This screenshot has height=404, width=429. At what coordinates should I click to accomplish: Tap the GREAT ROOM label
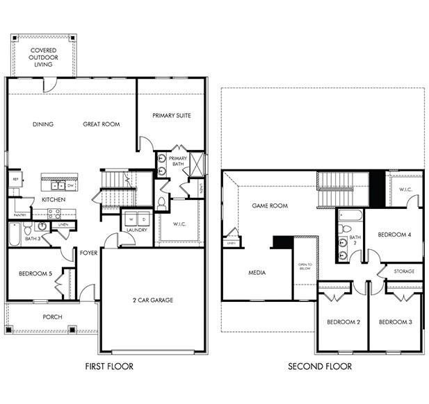(x=102, y=124)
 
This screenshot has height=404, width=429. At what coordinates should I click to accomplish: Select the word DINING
(x=43, y=124)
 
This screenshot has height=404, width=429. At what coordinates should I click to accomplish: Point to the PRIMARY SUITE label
(x=171, y=115)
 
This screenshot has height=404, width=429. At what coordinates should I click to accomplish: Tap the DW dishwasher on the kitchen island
(x=70, y=186)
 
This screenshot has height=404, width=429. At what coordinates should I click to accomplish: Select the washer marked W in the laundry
(x=130, y=219)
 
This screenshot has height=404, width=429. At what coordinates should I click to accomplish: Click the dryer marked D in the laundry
(x=143, y=219)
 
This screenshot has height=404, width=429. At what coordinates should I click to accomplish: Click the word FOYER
(x=88, y=253)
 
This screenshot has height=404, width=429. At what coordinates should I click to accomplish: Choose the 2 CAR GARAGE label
(x=153, y=300)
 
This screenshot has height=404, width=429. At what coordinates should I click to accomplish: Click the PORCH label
(x=52, y=317)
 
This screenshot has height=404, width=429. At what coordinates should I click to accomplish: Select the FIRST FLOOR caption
(x=109, y=366)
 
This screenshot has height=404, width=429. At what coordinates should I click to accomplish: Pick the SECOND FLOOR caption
(x=321, y=366)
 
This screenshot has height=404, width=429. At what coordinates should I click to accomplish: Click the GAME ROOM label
(x=270, y=205)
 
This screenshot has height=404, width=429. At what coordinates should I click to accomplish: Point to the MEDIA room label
(x=257, y=273)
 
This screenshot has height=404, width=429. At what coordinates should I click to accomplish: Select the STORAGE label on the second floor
(x=404, y=271)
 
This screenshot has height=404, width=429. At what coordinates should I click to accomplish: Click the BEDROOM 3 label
(x=396, y=322)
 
